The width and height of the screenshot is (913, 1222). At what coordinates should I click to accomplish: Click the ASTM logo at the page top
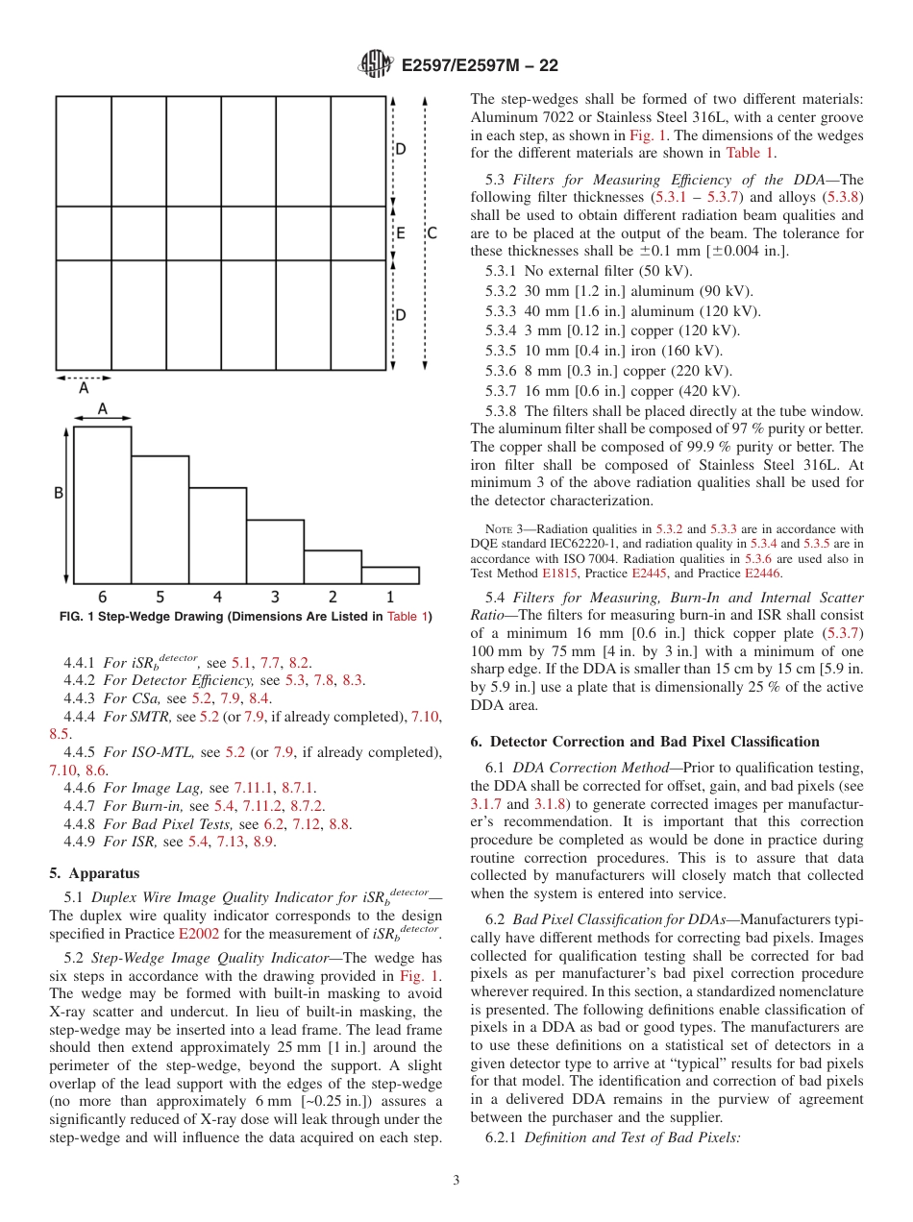pyautogui.click(x=375, y=64)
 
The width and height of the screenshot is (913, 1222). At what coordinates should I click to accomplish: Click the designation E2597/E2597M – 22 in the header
pyautogui.click(x=479, y=65)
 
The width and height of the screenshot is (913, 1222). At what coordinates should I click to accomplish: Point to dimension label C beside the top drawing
pyautogui.click(x=432, y=232)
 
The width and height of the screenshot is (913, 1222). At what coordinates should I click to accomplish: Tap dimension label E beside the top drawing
pyautogui.click(x=400, y=232)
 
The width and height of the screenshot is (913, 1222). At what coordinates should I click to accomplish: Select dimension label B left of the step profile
pyautogui.click(x=58, y=494)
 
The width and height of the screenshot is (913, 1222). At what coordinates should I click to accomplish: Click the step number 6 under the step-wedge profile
pyautogui.click(x=102, y=597)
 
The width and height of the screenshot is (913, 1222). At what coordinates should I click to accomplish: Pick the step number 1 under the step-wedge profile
pyautogui.click(x=389, y=597)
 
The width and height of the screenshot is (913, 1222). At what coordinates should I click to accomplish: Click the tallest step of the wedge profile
pyautogui.click(x=103, y=504)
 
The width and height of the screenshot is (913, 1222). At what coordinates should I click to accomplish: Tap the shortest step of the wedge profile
pyautogui.click(x=389, y=574)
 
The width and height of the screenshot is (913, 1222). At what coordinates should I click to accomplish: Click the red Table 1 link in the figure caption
pyautogui.click(x=407, y=617)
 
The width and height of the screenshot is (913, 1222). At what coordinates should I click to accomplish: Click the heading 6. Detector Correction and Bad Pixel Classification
pyautogui.click(x=645, y=742)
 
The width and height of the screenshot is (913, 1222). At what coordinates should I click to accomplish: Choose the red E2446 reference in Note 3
pyautogui.click(x=762, y=574)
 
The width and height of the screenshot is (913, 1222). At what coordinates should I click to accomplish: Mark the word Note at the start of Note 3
pyautogui.click(x=500, y=529)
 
